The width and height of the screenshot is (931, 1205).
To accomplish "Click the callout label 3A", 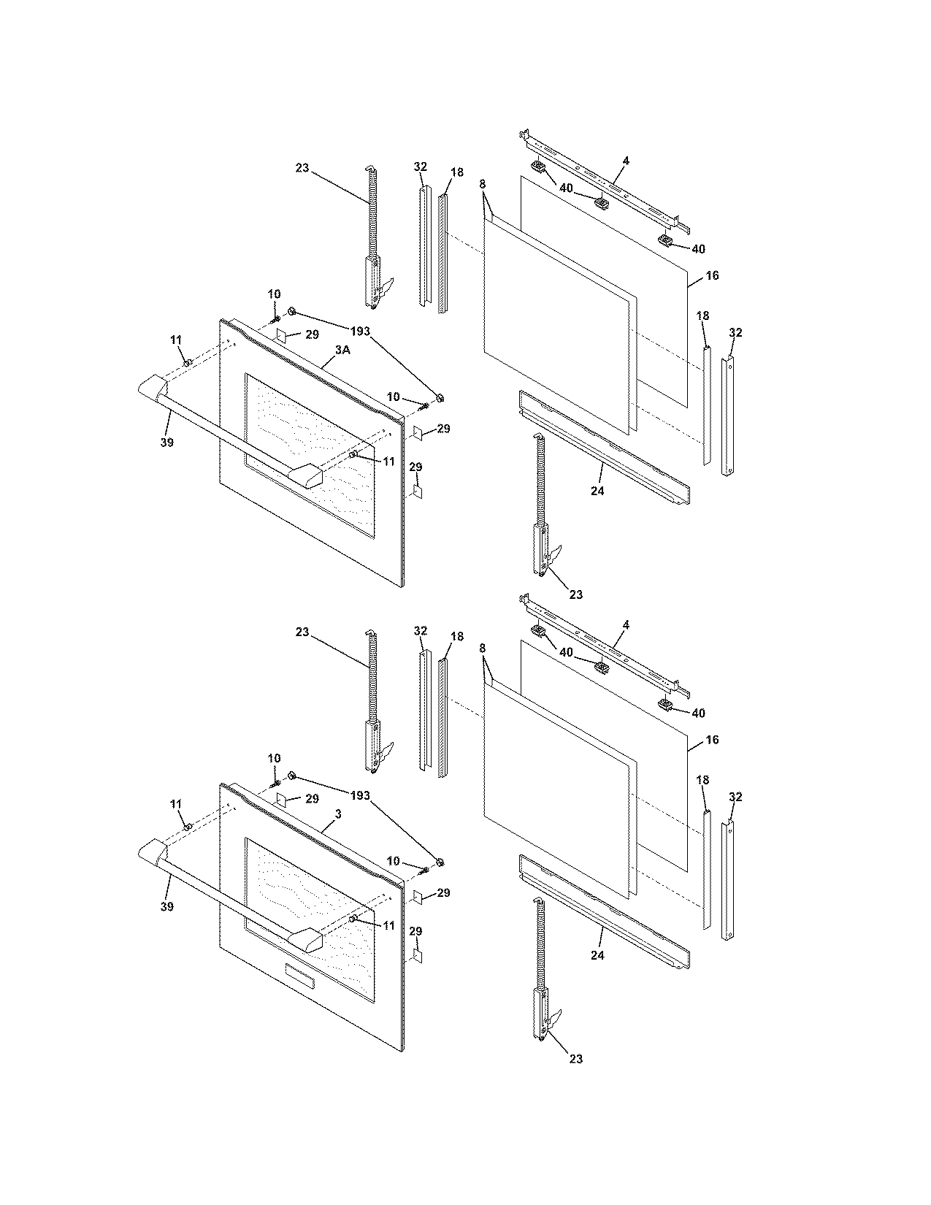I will click(342, 351).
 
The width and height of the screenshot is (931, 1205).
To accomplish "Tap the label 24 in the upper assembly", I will click(597, 491).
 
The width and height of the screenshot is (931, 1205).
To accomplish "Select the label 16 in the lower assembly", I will click(713, 740).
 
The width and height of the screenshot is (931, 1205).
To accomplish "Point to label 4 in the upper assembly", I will click(626, 161).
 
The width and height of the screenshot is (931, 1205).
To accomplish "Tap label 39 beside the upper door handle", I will click(166, 443).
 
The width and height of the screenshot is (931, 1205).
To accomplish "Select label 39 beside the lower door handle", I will click(166, 906).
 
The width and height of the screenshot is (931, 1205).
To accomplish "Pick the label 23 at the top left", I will click(302, 168).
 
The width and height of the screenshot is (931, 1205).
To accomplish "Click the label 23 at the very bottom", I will click(575, 1059).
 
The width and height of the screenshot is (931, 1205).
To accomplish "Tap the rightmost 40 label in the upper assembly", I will click(698, 249).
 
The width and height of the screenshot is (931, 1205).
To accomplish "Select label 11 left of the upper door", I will click(176, 340).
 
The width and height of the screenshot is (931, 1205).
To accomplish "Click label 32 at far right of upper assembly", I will click(735, 333).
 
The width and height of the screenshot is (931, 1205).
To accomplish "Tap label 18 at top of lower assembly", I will click(456, 637).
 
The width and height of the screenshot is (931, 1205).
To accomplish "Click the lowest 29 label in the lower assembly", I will click(415, 932).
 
